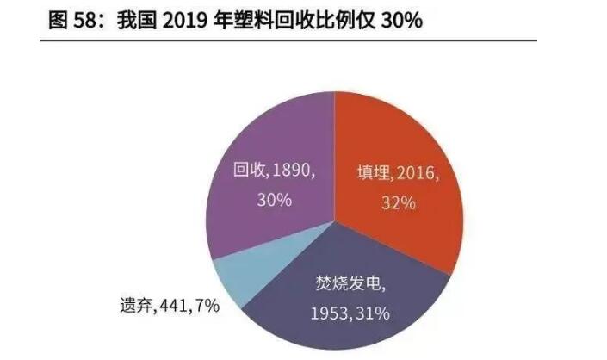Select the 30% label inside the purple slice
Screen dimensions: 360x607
[274, 200]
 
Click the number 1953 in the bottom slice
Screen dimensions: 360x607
[329, 313]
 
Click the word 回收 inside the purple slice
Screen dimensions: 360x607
[251, 171]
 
